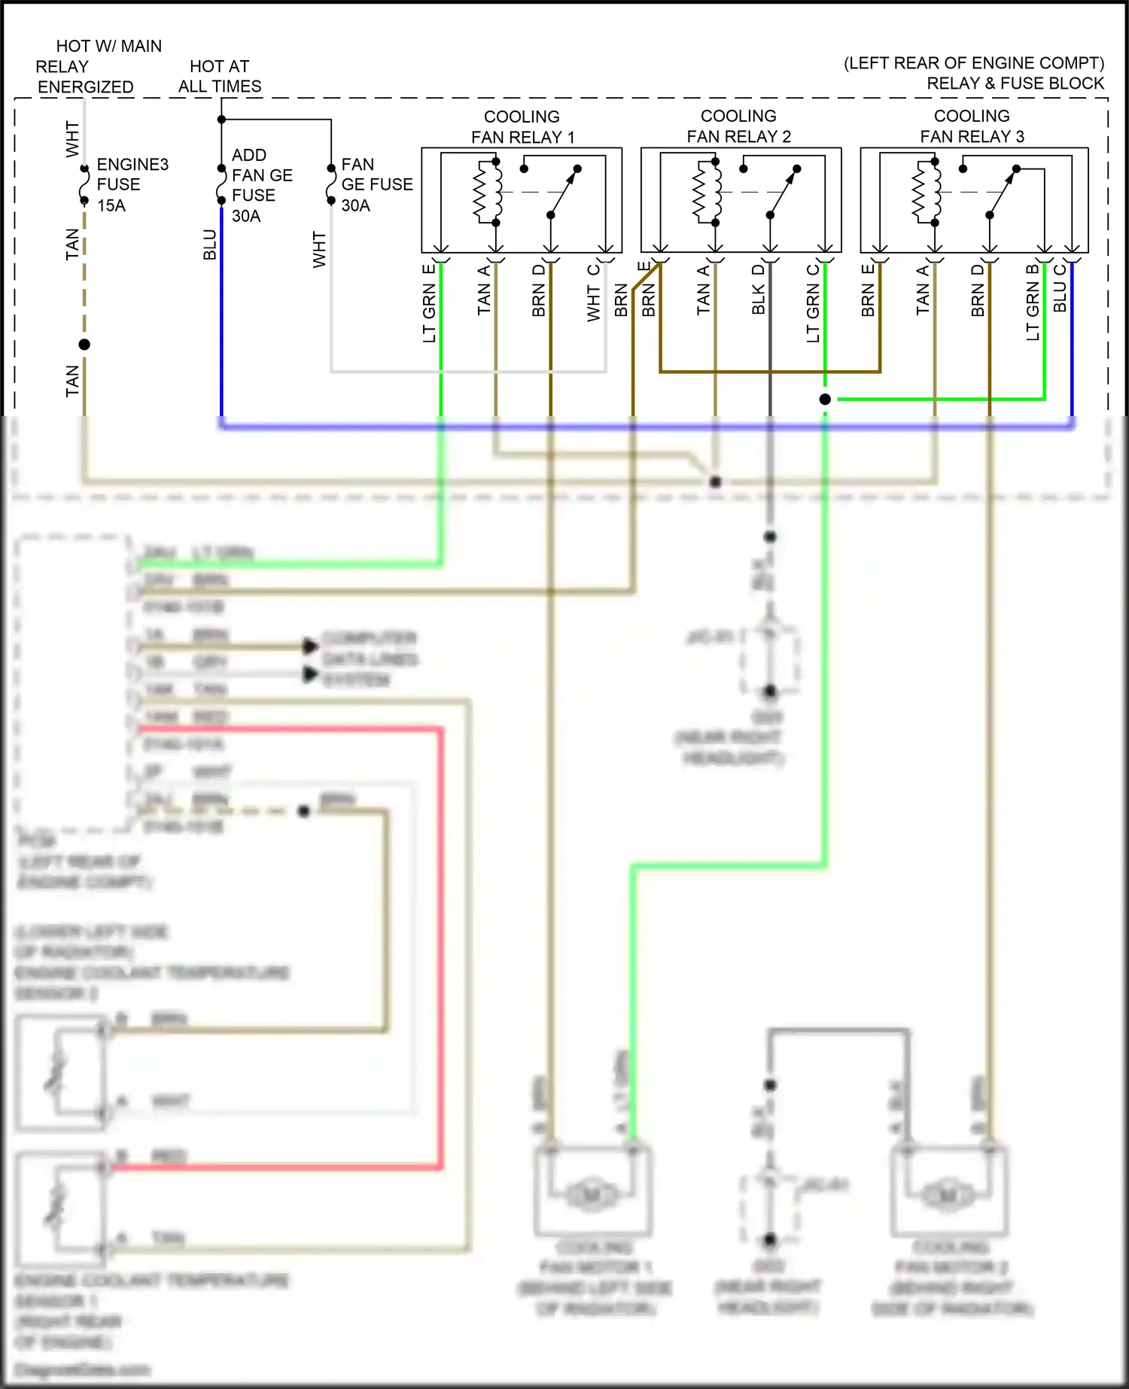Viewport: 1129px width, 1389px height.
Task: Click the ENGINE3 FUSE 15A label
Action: click(132, 184)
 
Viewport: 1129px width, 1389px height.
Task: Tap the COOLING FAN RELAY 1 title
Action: click(522, 126)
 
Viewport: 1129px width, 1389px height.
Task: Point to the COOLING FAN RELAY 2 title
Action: click(738, 126)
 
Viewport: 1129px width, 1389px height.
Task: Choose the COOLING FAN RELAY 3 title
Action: click(972, 126)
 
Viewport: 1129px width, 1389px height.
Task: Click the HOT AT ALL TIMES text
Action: click(220, 76)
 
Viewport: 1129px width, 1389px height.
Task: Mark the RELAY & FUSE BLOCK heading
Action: click(1015, 83)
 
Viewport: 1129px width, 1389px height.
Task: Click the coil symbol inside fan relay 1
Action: click(487, 192)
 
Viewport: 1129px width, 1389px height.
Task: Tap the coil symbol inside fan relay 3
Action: click(926, 192)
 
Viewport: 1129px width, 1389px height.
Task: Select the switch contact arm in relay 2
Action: click(783, 193)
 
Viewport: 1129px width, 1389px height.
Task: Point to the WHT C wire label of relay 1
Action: click(594, 293)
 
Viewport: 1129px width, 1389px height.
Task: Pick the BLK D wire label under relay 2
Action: click(758, 290)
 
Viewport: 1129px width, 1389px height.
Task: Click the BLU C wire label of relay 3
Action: click(1060, 288)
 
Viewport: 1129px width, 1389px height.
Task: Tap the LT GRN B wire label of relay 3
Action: click(1033, 302)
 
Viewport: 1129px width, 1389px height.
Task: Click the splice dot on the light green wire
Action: click(825, 399)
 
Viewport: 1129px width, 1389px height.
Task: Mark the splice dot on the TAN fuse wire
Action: click(84, 345)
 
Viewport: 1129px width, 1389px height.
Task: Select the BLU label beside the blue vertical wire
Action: click(209, 245)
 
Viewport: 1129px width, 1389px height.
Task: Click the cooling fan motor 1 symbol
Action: click(592, 1194)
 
